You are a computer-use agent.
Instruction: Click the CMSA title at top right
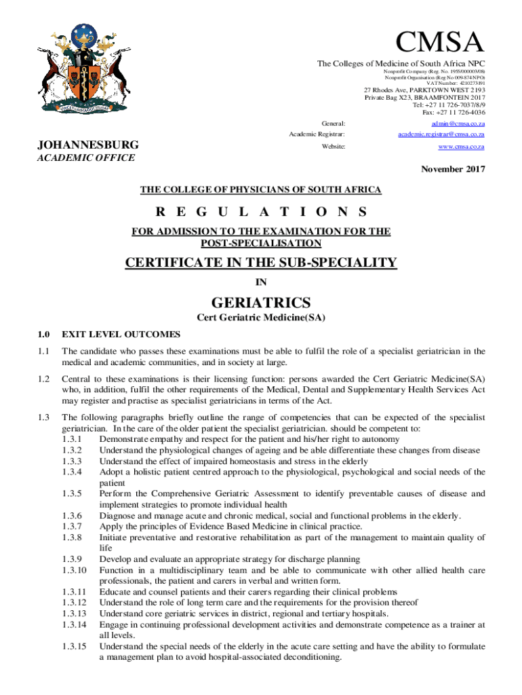point(441,43)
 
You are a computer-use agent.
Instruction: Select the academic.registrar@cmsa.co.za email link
point(441,135)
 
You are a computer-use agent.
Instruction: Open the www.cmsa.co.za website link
point(461,147)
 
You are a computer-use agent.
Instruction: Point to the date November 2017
point(451,170)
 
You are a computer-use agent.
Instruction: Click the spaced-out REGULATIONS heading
point(261,211)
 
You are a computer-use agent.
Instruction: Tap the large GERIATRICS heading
point(261,302)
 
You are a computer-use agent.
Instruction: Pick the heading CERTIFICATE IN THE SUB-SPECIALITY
point(261,263)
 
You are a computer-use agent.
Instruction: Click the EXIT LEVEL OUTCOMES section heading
point(121,334)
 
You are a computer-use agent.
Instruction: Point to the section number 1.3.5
point(72,493)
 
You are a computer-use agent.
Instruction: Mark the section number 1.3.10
point(74,570)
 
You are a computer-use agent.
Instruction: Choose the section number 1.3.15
point(74,646)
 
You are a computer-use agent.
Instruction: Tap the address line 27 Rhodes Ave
point(425,90)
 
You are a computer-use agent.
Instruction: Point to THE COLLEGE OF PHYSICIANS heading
point(260,189)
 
